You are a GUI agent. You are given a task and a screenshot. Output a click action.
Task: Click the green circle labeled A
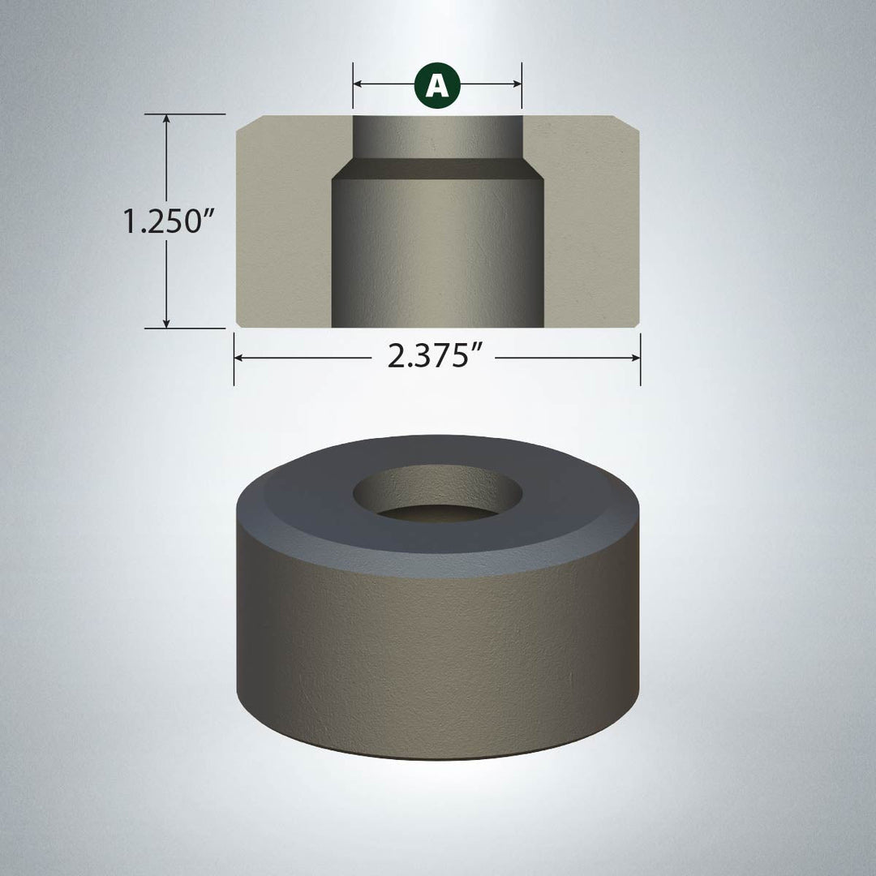(x=437, y=84)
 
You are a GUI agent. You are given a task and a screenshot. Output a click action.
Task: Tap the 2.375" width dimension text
(x=430, y=357)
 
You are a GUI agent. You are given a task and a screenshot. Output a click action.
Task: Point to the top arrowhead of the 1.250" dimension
(x=167, y=119)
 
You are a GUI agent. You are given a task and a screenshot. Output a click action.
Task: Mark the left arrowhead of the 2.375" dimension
(x=240, y=357)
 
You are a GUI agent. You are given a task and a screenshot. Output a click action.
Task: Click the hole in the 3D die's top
(x=438, y=495)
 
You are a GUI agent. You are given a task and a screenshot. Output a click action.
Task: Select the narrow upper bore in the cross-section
(x=437, y=138)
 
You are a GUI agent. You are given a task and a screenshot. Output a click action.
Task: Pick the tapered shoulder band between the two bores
(x=437, y=170)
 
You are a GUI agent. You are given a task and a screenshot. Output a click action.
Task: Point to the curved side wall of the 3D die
(x=438, y=657)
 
